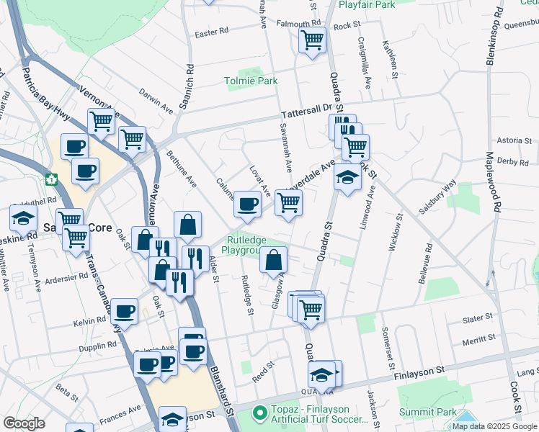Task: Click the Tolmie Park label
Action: click(x=250, y=81)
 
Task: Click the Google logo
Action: click(x=24, y=423)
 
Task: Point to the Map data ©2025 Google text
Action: click(x=494, y=426)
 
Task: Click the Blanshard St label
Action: click(x=221, y=389)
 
